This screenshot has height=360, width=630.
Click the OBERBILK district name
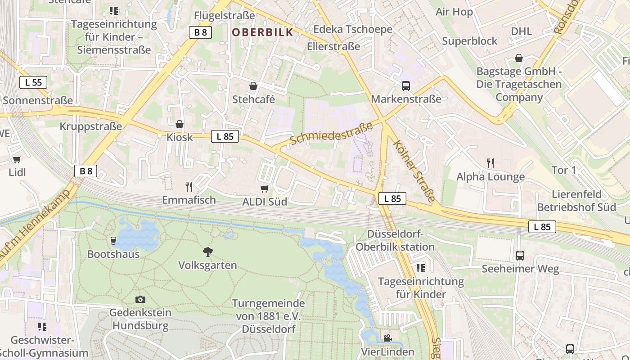pos(262,32)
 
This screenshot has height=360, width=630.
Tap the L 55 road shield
pos(33,82)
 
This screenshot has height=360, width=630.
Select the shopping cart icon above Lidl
pos(17,159)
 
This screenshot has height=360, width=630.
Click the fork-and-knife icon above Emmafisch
pos(189,186)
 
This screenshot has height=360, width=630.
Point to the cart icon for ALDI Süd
pos(265,189)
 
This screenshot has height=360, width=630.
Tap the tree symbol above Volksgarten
pos(207,252)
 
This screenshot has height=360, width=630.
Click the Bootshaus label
pos(113,254)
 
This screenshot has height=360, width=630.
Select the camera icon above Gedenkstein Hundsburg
pos(140,299)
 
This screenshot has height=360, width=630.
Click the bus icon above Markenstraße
pos(406,85)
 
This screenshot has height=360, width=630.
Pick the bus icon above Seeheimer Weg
pos(520,256)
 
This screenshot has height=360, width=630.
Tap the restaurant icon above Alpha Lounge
pos(490,163)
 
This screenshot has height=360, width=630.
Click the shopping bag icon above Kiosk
pos(180,124)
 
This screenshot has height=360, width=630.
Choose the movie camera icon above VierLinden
pos(387,338)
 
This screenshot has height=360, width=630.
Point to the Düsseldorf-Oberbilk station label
pos(395,240)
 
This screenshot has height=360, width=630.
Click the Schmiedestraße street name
pos(332,133)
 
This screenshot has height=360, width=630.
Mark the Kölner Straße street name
pos(414,171)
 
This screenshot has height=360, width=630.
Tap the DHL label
pos(522,31)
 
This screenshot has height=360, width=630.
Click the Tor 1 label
pos(564,170)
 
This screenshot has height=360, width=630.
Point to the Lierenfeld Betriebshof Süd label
pos(576,201)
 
